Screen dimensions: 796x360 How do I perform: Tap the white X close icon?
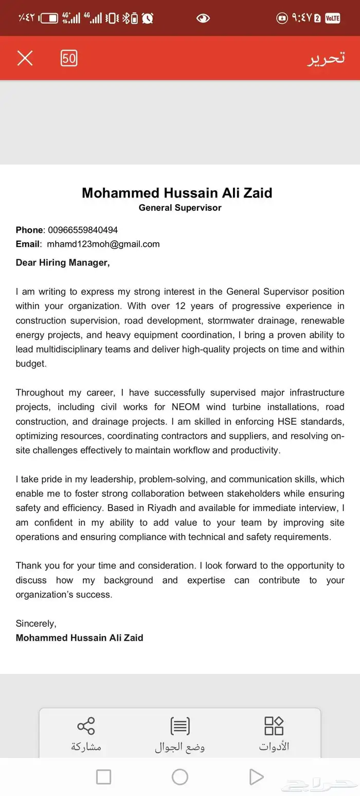pos(25,58)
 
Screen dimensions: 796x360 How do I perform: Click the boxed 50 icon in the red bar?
pos(69,58)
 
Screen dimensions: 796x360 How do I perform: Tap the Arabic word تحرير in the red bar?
pos(326,58)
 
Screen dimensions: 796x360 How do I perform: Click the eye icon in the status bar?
pos(203,19)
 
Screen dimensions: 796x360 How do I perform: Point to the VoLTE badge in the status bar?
pos(332,19)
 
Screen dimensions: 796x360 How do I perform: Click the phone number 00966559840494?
pos(83,230)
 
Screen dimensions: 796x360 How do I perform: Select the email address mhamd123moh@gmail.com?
pos(103,244)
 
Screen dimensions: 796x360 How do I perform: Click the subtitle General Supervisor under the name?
pos(180,208)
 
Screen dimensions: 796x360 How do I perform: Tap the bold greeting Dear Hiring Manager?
pos(63,263)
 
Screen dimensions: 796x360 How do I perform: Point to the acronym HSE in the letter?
pos(287,422)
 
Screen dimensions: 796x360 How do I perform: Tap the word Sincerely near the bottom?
pos(36,624)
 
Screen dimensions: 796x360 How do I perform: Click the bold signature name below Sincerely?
pos(79,638)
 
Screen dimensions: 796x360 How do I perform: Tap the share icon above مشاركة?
pos(86,726)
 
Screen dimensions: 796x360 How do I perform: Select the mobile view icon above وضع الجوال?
pos(180,726)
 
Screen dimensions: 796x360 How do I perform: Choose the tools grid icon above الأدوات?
pos(274,726)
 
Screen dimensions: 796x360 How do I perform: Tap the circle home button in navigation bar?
pos(180,776)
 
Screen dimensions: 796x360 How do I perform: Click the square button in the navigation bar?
pos(103,776)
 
